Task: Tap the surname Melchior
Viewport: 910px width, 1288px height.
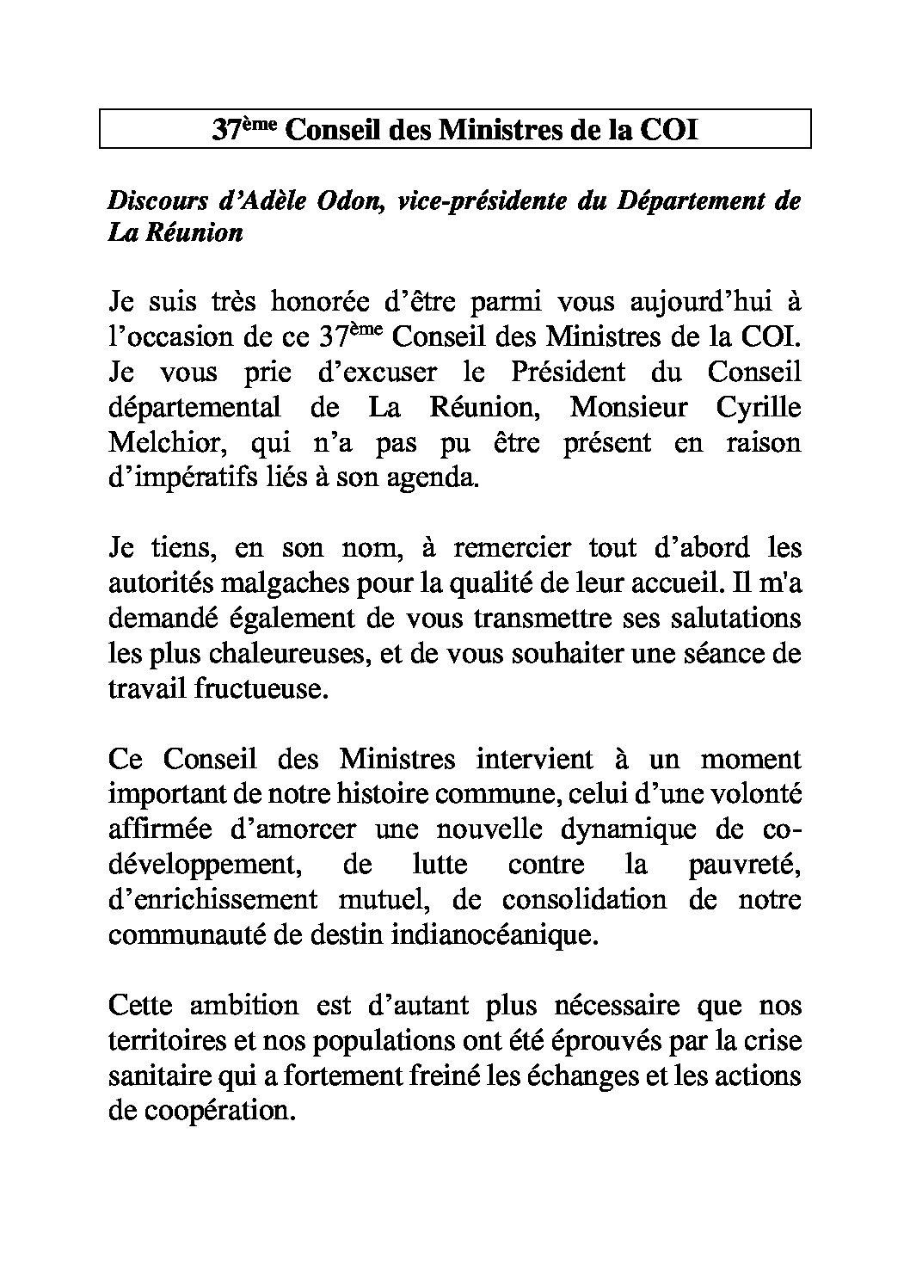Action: click(x=164, y=443)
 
